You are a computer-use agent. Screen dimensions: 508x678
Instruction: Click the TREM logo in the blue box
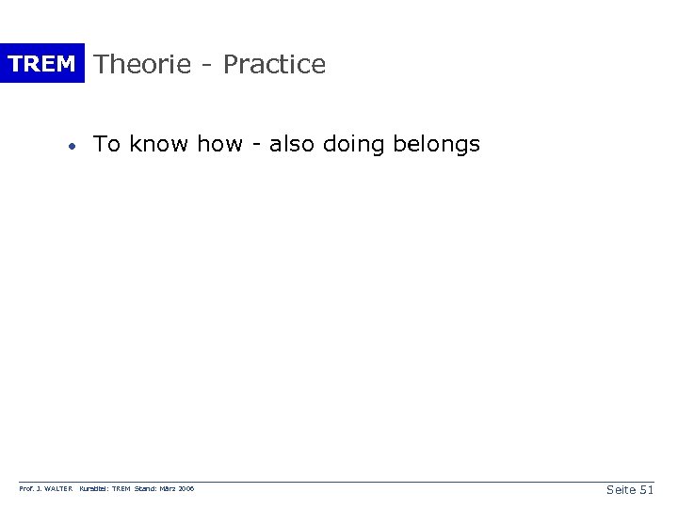[x=41, y=64]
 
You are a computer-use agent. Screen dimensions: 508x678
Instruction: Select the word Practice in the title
[x=274, y=64]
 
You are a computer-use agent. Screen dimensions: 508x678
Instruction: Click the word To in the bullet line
[x=106, y=144]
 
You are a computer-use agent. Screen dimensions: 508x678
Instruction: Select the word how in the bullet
[x=219, y=144]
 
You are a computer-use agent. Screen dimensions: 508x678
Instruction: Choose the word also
[x=293, y=144]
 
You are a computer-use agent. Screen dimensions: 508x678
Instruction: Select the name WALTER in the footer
[x=59, y=490]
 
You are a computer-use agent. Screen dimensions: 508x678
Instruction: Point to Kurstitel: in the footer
[x=96, y=490]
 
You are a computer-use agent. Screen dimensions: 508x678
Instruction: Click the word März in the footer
[x=170, y=490]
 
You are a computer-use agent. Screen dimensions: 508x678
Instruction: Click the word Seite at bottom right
[x=620, y=489]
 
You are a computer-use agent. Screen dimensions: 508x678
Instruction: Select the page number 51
[x=646, y=489]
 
